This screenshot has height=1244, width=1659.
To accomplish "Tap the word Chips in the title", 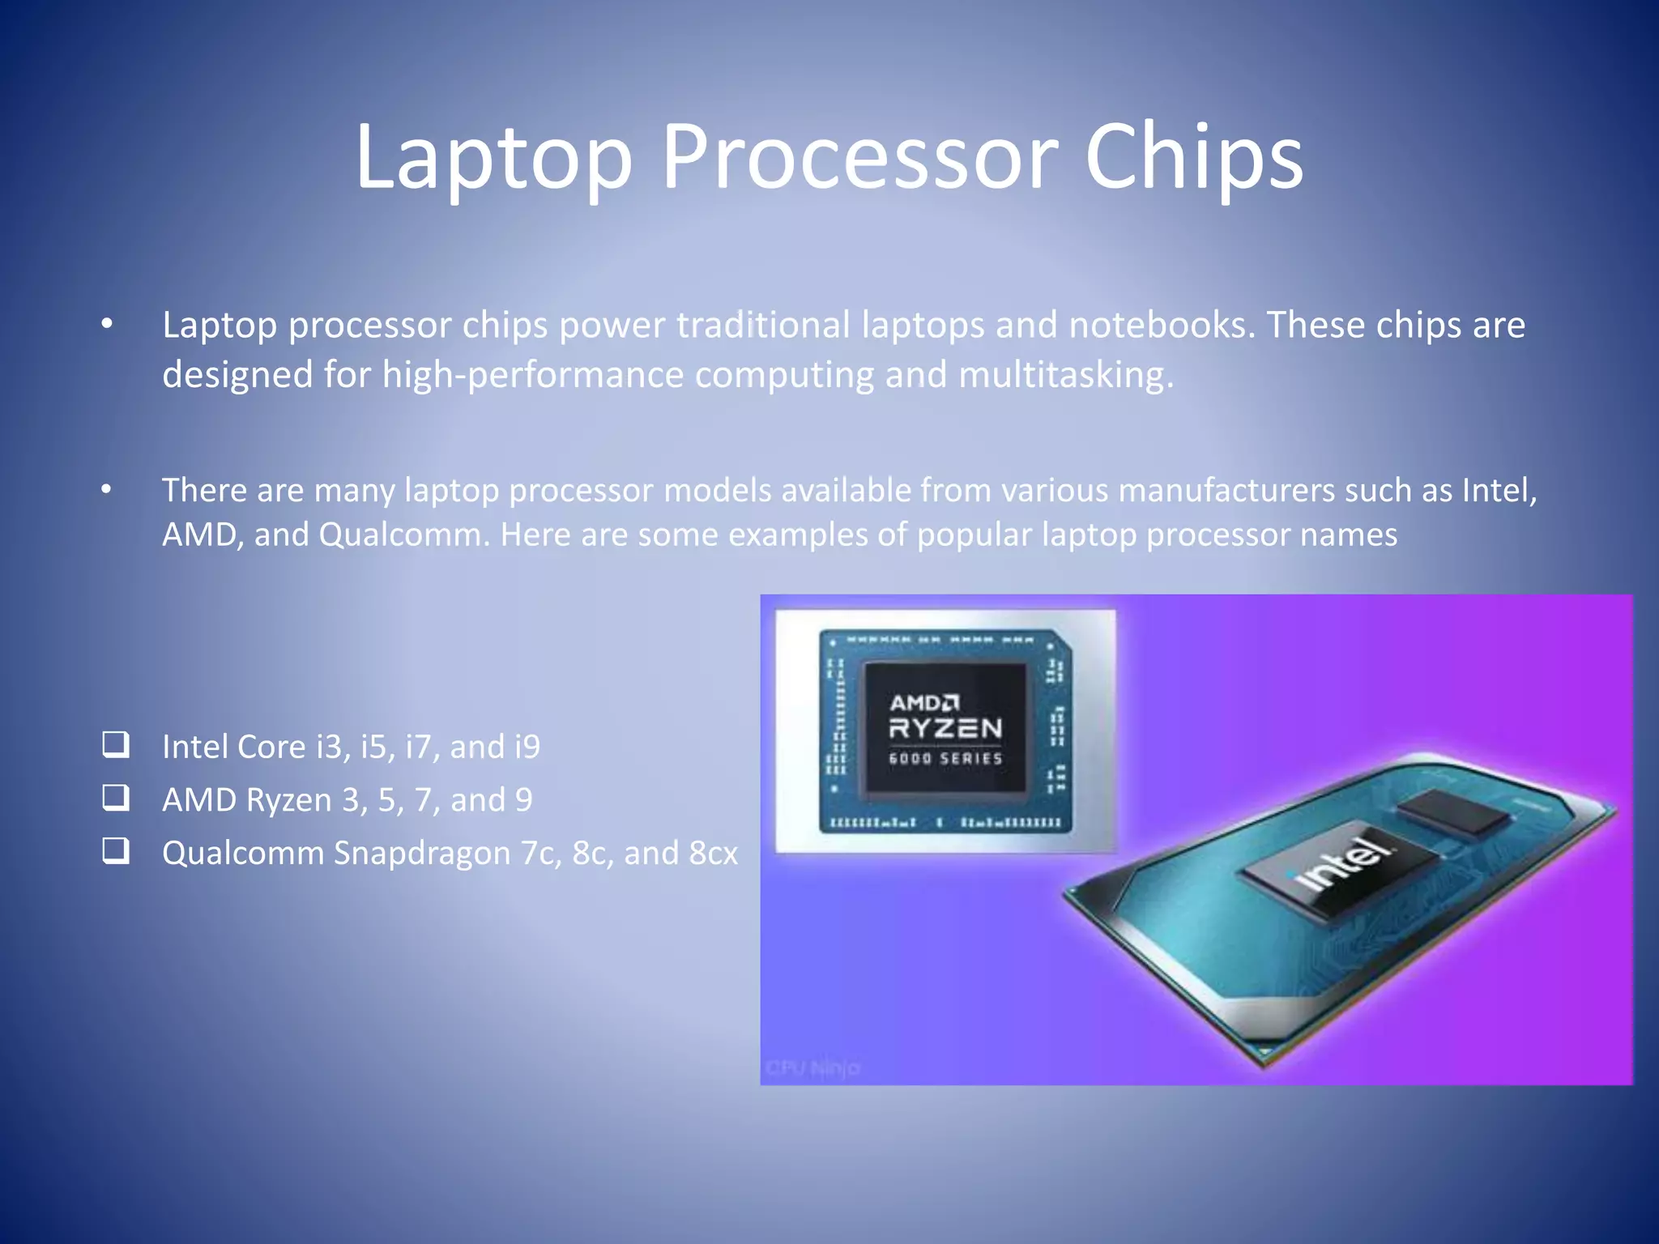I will (x=1193, y=158).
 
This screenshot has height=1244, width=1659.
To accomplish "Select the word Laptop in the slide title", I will (x=493, y=158).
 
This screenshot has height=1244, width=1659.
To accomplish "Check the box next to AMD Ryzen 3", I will (x=116, y=798).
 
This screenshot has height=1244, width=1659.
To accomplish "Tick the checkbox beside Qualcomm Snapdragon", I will (x=116, y=850).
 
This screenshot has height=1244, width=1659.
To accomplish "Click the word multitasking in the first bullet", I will (x=1065, y=375).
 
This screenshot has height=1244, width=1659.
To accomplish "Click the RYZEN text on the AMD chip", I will (x=945, y=729).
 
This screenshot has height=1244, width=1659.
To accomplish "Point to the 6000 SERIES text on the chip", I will (x=945, y=759).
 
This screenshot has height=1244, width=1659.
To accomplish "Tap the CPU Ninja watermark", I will (x=812, y=1068).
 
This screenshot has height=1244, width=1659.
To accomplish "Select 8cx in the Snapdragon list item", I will (x=714, y=854).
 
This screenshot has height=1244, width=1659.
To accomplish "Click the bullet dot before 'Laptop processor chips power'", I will (x=107, y=325).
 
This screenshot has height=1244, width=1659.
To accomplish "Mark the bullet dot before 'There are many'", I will (x=107, y=490).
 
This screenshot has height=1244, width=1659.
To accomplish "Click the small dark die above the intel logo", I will (x=1455, y=812).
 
